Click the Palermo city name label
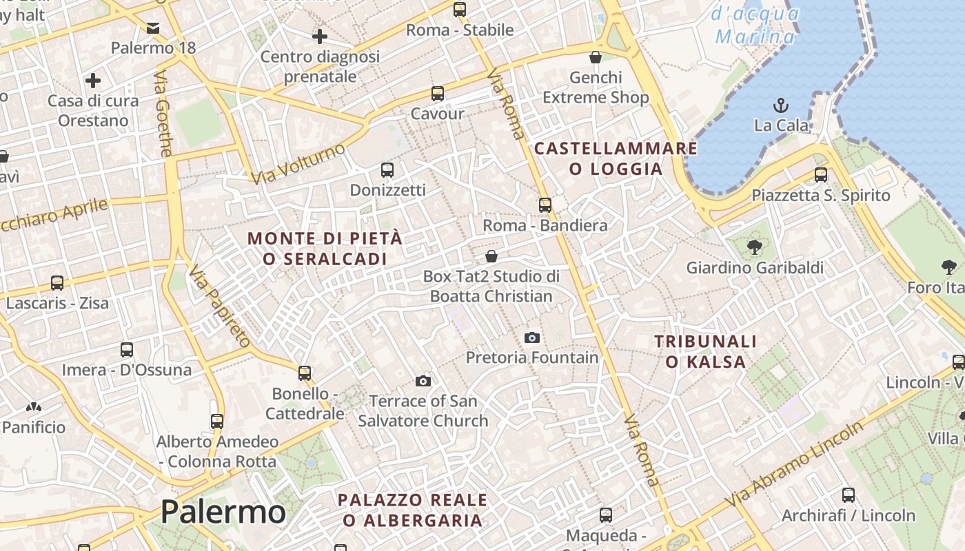click(223, 512)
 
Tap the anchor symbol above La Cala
click(781, 105)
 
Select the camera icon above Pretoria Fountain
click(531, 337)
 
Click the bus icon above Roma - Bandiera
click(545, 205)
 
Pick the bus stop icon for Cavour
click(437, 94)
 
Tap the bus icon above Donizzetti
click(387, 169)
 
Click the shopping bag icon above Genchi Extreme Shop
click(596, 57)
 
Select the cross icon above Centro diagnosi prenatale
click(320, 37)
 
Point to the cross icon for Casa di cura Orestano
click(93, 81)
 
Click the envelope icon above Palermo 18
click(153, 28)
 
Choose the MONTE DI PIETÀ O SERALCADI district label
click(325, 249)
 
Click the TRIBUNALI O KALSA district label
click(705, 351)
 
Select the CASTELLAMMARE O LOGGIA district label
click(616, 158)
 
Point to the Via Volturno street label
click(298, 164)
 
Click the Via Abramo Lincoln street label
click(793, 464)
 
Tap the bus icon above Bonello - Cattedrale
click(305, 373)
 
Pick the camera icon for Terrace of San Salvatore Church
click(423, 381)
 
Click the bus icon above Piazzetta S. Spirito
click(820, 175)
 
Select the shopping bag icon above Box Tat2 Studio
click(491, 256)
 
